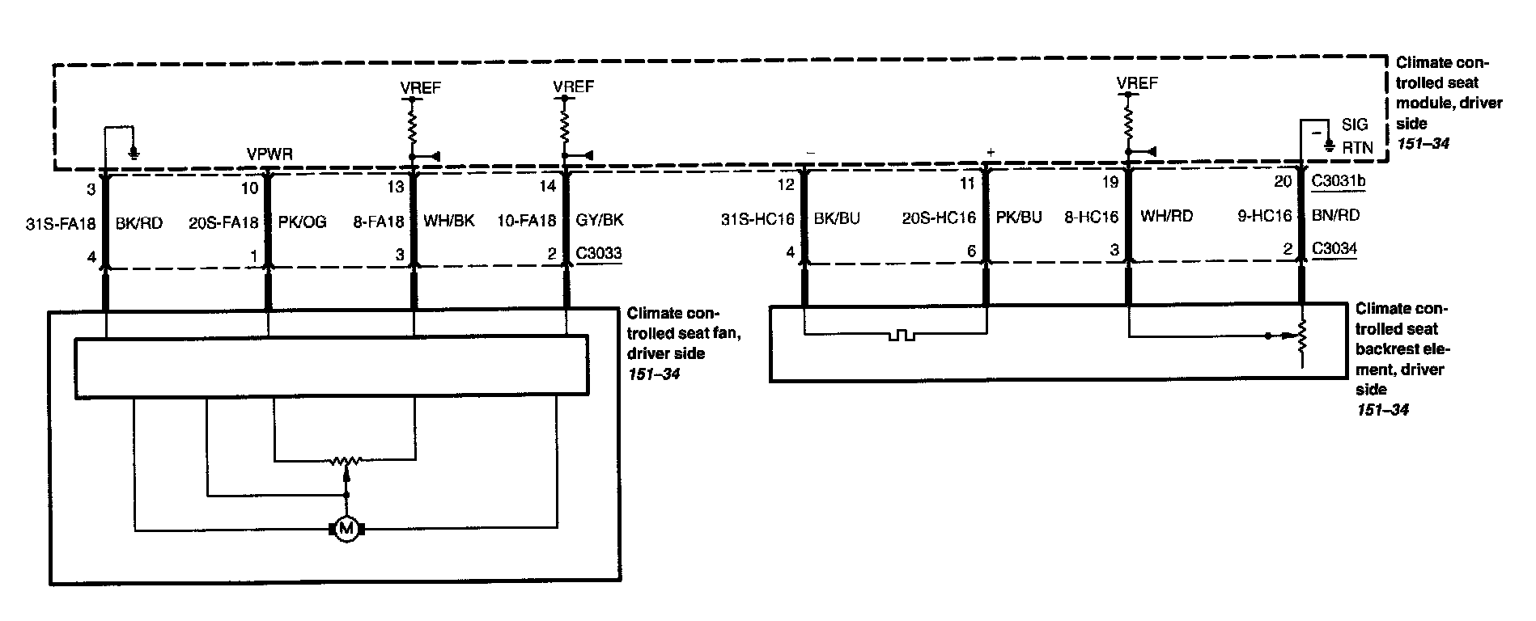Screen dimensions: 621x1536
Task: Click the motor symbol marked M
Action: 346,530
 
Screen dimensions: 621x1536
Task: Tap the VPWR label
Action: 269,154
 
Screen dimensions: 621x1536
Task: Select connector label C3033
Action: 599,253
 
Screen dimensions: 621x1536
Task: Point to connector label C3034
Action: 1334,248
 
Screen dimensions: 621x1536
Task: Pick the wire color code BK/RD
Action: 139,222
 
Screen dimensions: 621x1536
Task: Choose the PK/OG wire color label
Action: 302,222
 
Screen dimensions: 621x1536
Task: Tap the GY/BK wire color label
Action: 599,220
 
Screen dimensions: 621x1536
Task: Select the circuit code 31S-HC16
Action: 757,218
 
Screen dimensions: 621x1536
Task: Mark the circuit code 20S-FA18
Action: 223,222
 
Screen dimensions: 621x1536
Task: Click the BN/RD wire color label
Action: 1335,216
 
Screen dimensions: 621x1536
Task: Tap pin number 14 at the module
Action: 548,187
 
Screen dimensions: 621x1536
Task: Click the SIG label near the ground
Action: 1354,125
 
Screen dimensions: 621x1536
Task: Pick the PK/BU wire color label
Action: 1019,218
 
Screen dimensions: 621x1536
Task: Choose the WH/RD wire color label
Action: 1165,216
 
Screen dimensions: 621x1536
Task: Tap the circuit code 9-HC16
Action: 1265,216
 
